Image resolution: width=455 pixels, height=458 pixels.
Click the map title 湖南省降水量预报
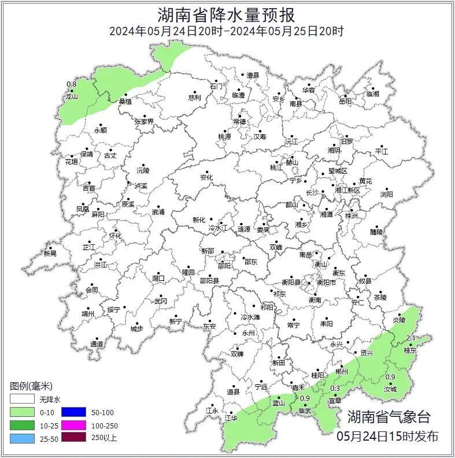(x=227, y=14)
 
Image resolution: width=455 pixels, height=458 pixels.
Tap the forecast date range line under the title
(x=227, y=31)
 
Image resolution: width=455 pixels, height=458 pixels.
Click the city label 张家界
(x=144, y=122)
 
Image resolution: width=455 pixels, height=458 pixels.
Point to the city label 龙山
(x=72, y=97)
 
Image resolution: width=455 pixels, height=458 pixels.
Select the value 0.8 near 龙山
(x=71, y=85)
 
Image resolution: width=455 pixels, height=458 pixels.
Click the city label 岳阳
(x=345, y=101)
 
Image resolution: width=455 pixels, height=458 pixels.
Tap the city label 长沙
(x=312, y=192)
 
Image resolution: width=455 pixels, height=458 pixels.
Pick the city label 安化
(x=206, y=177)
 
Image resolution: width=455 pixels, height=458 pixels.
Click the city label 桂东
(x=410, y=350)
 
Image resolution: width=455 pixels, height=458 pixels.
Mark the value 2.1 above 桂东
(x=412, y=338)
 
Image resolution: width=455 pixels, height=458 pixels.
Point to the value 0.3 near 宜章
(x=335, y=389)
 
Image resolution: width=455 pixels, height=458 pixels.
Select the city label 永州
(x=248, y=334)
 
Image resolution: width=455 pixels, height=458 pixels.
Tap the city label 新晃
(x=50, y=254)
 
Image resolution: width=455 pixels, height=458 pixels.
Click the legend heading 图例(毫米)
(x=31, y=386)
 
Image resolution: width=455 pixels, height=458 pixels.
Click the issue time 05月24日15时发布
(x=387, y=436)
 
